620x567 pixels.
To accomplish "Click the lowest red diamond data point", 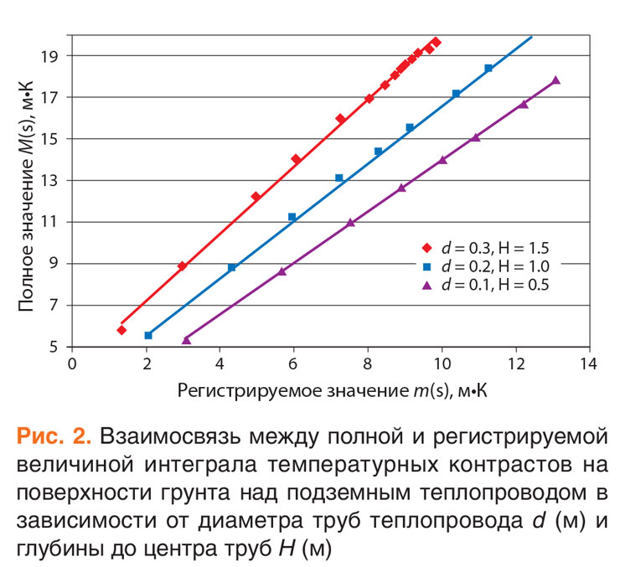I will click(121, 330).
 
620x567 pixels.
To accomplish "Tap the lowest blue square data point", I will click(148, 335).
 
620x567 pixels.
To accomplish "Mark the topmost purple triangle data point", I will click(555, 80).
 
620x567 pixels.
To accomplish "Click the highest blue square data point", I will click(488, 68).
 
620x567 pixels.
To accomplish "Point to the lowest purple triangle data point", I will click(186, 340).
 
